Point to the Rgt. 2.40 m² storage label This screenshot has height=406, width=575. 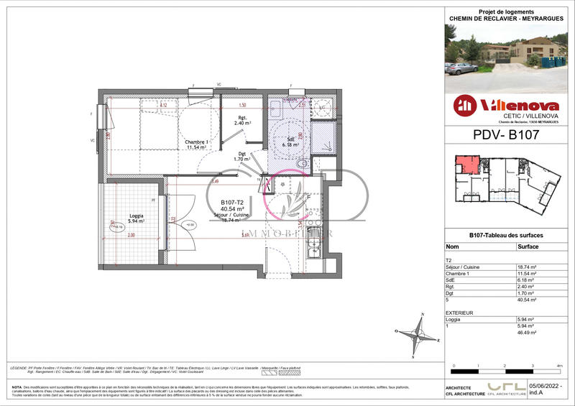click(242, 121)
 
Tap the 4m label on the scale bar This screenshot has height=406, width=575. click(560, 366)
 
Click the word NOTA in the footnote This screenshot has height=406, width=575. click(17, 387)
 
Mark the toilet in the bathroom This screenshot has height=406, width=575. click(303, 164)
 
